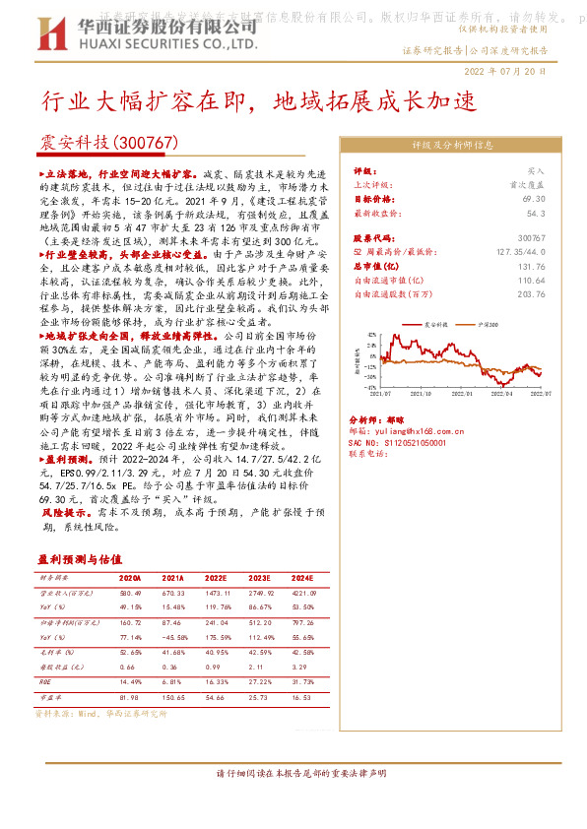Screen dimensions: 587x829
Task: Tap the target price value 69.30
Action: pyautogui.click(x=535, y=198)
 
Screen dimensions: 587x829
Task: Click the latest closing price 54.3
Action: pyautogui.click(x=537, y=212)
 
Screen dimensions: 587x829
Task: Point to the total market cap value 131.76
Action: pyautogui.click(x=530, y=266)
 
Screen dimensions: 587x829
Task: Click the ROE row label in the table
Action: pyautogui.click(x=45, y=682)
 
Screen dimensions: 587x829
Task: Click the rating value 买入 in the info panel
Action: pyautogui.click(x=536, y=170)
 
